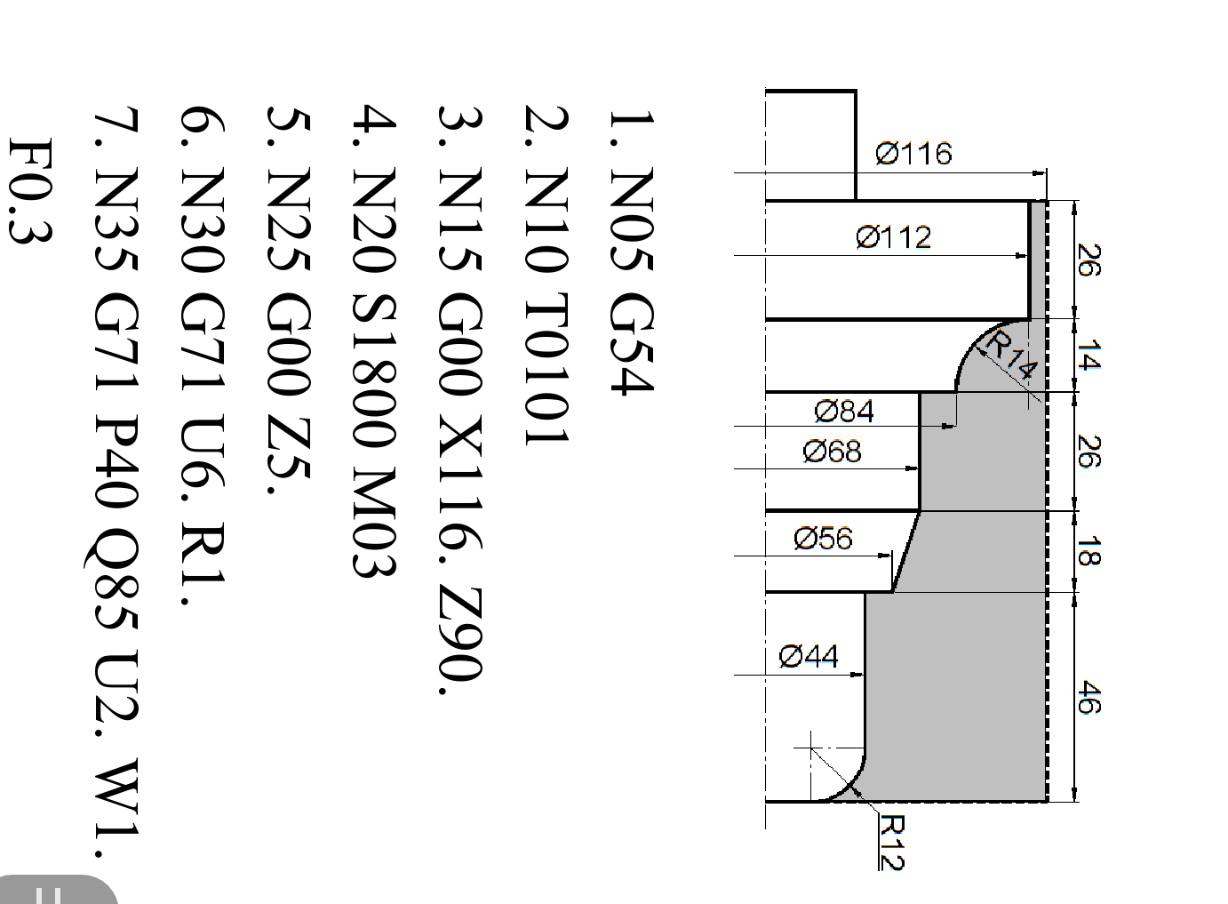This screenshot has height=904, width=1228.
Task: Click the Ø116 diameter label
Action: click(x=913, y=154)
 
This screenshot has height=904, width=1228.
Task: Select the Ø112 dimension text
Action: click(x=894, y=237)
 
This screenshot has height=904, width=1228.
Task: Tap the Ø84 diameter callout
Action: click(x=844, y=411)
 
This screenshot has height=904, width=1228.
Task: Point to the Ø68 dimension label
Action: click(x=832, y=452)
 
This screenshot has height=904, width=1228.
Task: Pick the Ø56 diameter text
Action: click(x=823, y=538)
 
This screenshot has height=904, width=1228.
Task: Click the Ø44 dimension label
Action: click(x=809, y=657)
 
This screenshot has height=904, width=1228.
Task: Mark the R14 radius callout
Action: click(x=1011, y=355)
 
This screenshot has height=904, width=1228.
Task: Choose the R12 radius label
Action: click(x=891, y=842)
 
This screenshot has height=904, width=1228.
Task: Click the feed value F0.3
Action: click(x=30, y=190)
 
